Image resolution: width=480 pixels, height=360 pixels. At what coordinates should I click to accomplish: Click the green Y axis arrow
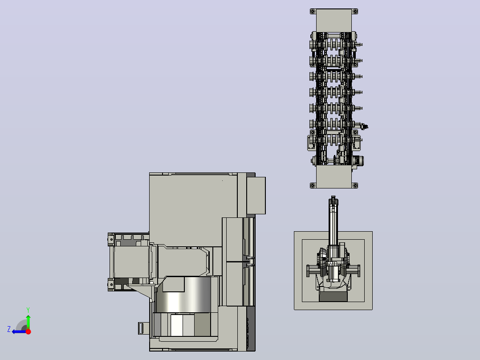[x=28, y=321]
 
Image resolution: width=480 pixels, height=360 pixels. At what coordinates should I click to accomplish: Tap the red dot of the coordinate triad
[x=28, y=331]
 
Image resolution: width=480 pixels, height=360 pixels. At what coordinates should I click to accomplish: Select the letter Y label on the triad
[x=28, y=310]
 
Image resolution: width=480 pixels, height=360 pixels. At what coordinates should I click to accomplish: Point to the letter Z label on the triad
[x=9, y=329]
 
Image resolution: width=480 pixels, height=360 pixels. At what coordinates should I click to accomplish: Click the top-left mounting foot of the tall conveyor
[x=313, y=12]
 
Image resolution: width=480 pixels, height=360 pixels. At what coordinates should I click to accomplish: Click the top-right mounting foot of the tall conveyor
[x=355, y=12]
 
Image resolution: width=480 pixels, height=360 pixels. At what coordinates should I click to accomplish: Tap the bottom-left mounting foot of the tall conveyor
[x=313, y=185]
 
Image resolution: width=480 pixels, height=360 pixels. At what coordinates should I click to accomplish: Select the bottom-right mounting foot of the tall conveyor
[x=355, y=185]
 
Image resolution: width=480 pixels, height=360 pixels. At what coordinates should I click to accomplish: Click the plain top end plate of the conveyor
[x=334, y=20]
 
